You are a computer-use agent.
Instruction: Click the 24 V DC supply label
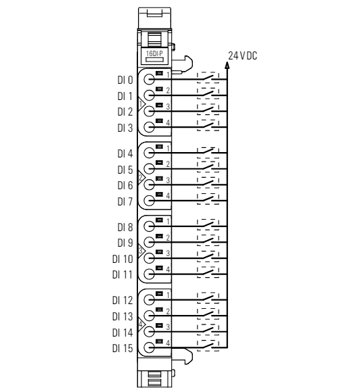(x=242, y=55)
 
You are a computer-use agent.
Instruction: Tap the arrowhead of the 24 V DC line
(x=227, y=66)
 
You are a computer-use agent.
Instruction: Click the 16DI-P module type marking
(x=154, y=53)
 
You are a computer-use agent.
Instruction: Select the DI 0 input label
(x=125, y=80)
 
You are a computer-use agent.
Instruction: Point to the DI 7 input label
(x=125, y=201)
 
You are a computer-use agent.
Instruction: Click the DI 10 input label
(x=122, y=259)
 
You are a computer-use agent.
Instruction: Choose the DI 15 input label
(x=122, y=348)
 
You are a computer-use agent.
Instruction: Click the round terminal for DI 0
(x=149, y=80)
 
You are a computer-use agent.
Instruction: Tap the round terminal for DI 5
(x=149, y=169)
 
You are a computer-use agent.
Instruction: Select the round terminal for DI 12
(x=149, y=299)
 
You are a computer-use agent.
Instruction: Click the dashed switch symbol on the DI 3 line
(x=208, y=125)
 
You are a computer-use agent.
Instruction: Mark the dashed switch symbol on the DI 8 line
(x=208, y=224)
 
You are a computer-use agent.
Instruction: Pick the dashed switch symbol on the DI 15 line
(x=208, y=345)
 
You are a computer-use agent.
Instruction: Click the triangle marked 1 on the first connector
(x=141, y=104)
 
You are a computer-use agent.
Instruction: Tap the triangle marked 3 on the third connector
(x=141, y=250)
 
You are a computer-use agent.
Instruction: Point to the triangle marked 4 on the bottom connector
(x=141, y=324)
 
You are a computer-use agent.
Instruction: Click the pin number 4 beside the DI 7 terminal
(x=168, y=195)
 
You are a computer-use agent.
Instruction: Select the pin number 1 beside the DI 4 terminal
(x=168, y=148)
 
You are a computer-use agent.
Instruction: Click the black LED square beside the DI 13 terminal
(x=159, y=310)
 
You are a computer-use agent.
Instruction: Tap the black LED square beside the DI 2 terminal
(x=159, y=105)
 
